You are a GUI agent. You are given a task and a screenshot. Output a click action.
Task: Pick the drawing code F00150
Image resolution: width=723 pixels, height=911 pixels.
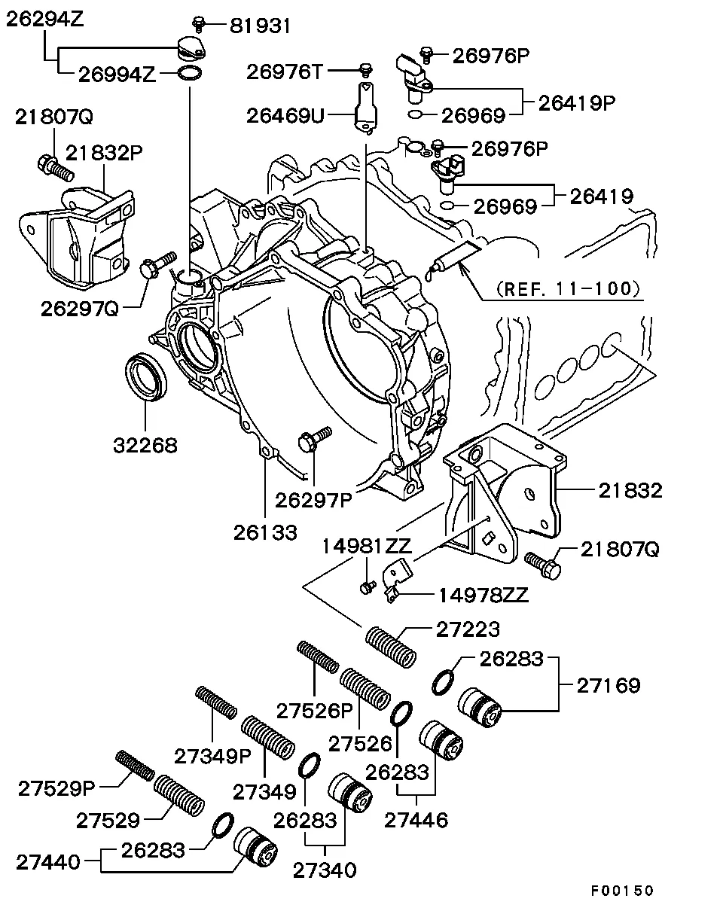621,891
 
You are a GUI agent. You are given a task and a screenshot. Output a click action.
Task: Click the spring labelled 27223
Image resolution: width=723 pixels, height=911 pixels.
390,646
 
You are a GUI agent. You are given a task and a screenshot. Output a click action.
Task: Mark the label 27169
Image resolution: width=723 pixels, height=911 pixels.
609,686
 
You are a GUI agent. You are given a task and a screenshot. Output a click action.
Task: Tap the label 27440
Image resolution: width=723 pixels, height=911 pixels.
50,862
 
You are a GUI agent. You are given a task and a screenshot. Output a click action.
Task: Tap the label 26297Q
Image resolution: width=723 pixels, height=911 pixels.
80,308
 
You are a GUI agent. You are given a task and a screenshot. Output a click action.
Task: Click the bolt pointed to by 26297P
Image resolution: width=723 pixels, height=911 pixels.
314,439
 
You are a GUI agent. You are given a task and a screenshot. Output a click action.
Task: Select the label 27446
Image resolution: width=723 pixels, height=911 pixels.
416,819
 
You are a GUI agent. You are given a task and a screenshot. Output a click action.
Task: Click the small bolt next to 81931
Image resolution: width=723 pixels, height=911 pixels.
200,24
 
